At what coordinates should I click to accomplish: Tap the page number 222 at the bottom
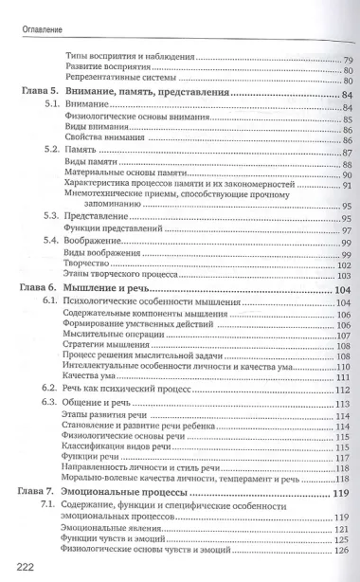[x=24, y=567]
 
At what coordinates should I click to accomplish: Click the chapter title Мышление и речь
[x=113, y=288]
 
